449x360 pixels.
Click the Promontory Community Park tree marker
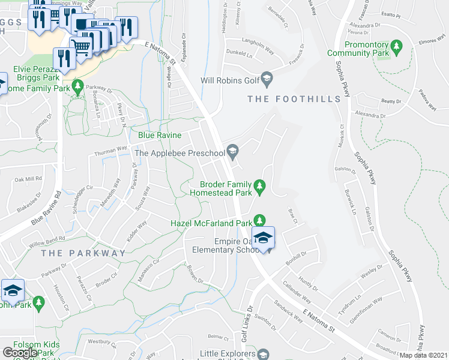tap(396, 46)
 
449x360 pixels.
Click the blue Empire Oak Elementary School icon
tap(263, 238)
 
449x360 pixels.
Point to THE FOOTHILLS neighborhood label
tap(295, 98)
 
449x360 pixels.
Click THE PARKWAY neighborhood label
tap(83, 253)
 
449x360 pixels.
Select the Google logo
tap(20, 353)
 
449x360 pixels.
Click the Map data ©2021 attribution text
tap(424, 355)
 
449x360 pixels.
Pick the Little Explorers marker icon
tap(262, 355)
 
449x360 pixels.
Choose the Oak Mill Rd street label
tap(28, 179)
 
